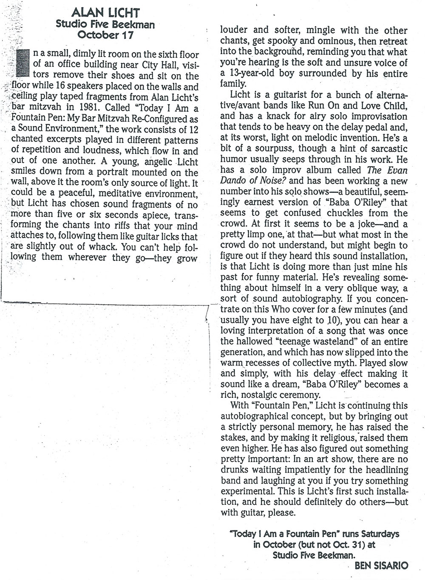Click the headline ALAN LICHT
click(x=106, y=15)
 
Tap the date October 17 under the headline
click(x=106, y=35)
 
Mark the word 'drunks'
click(x=239, y=470)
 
